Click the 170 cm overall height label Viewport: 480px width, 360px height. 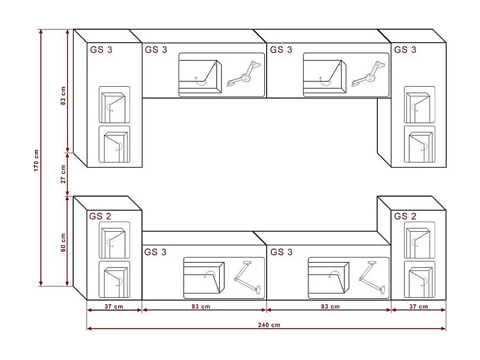point(36,160)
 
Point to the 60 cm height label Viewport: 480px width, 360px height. point(64,241)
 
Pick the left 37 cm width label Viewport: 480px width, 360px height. point(113,307)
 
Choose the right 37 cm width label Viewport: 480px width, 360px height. point(418,307)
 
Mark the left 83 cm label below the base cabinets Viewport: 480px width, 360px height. point(201,307)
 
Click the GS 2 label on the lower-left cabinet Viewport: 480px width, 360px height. point(100,216)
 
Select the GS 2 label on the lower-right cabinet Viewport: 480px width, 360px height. point(405,216)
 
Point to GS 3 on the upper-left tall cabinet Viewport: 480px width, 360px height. point(101,50)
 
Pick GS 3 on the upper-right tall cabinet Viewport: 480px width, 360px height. point(405,50)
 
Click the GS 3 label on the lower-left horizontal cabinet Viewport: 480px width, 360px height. point(156,252)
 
